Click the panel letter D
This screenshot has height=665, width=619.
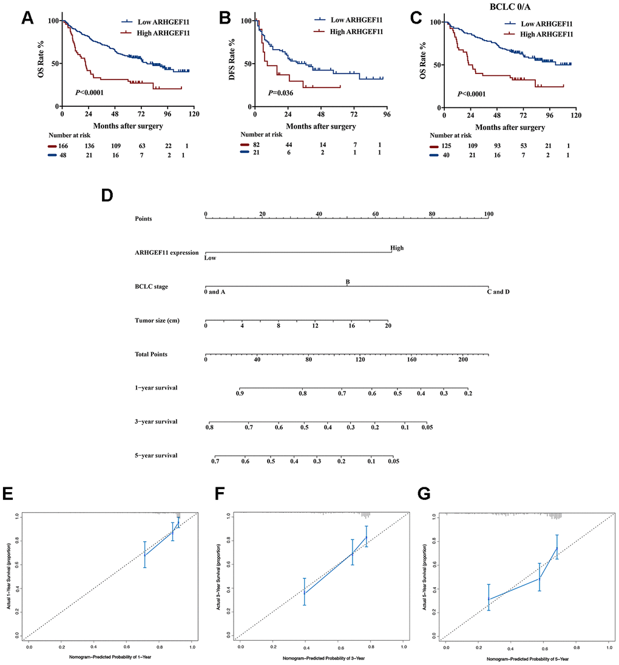tap(107, 197)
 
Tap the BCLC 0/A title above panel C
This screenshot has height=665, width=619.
tap(524, 7)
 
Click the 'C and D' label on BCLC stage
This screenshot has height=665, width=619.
tap(498, 292)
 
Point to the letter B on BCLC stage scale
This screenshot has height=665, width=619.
tap(348, 282)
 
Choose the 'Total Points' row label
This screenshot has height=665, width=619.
tap(151, 354)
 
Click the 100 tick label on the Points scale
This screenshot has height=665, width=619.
tap(488, 214)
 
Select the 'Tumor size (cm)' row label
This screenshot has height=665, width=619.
tap(157, 320)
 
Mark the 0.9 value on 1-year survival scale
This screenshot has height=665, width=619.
tap(240, 394)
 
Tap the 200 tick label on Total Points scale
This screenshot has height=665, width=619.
tap(463, 360)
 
